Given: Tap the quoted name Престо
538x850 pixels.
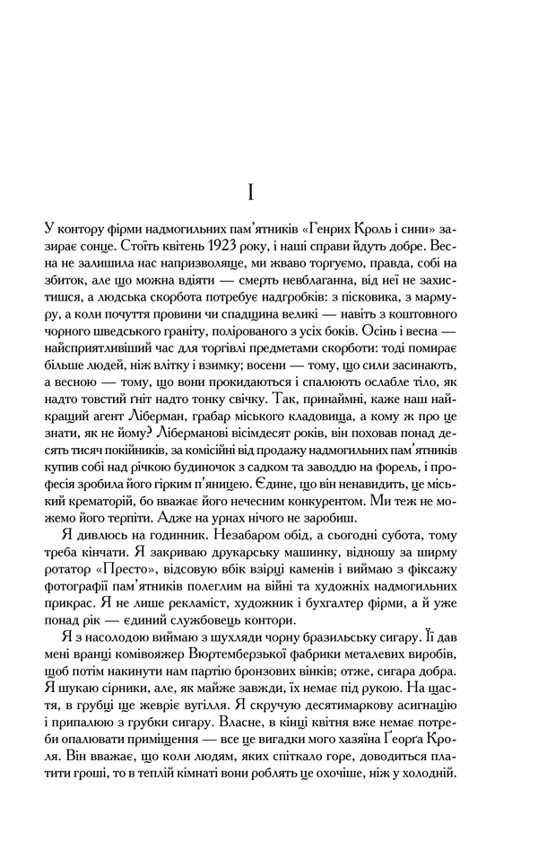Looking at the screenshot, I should (121, 599).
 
